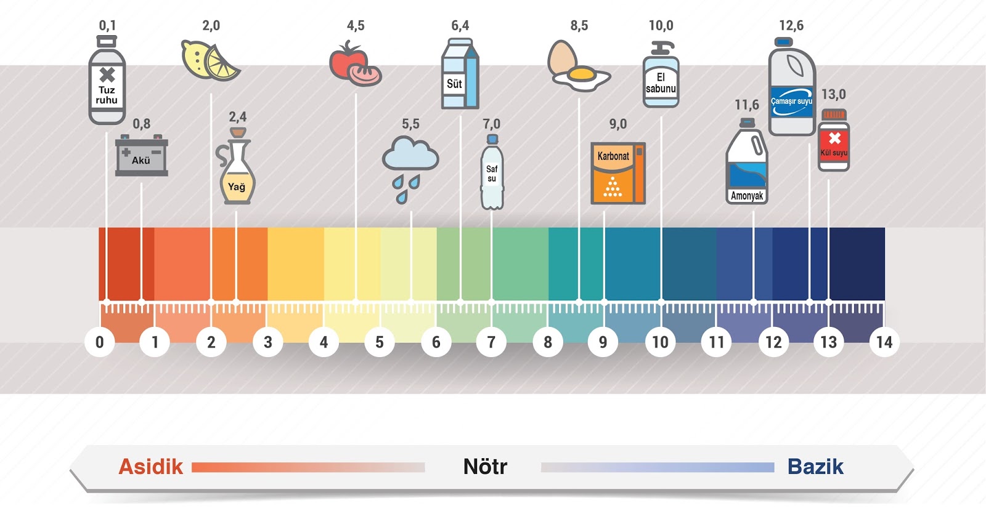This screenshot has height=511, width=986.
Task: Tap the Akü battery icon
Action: click(141, 156)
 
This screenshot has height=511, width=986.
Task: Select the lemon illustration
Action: click(210, 60)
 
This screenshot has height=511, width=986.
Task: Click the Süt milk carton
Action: click(460, 74)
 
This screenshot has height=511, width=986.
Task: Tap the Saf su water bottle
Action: click(491, 174)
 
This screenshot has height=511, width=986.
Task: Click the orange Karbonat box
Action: click(617, 173)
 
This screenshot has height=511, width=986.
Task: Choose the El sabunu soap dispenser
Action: click(661, 75)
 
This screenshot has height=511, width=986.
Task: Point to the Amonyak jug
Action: click(747, 163)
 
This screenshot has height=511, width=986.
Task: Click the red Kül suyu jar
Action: click(834, 141)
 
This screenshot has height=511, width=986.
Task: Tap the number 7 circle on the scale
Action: click(491, 342)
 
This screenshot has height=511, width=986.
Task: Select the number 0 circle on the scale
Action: click(100, 342)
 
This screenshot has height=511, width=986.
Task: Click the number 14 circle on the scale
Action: click(884, 342)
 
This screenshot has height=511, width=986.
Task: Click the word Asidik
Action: click(151, 467)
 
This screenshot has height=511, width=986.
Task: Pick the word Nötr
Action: click(485, 467)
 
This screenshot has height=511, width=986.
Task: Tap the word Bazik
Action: click(815, 467)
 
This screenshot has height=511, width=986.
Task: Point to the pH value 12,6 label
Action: click(791, 26)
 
